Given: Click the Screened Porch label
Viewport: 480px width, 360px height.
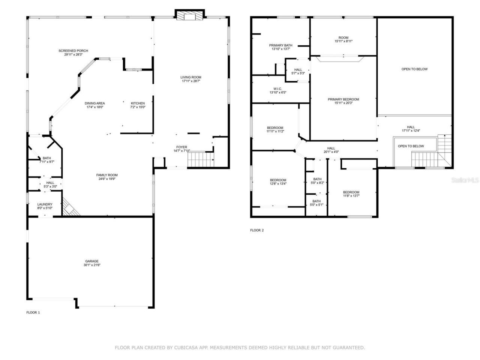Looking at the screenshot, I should [73, 51].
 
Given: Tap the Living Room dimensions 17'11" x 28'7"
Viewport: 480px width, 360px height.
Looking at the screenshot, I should [191, 81].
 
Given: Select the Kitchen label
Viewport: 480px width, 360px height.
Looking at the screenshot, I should [138, 103].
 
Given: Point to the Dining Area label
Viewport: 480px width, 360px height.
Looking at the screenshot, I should [94, 103].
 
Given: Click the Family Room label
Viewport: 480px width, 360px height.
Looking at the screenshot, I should [107, 175].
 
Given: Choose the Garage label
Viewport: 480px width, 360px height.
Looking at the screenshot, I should [92, 261].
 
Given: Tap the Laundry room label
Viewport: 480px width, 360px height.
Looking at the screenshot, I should [45, 204].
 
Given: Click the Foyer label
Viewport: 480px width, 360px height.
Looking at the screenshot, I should [181, 147].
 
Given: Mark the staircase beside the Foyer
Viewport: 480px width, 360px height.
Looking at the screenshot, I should [200, 160].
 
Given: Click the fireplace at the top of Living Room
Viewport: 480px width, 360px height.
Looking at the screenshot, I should [190, 15].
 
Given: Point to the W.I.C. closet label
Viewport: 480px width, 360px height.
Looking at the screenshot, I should [277, 89].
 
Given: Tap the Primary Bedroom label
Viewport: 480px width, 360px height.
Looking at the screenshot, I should [343, 99].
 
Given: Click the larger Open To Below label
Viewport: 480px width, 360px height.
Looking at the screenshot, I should [414, 69].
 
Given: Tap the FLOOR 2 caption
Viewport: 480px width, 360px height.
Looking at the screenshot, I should [257, 230].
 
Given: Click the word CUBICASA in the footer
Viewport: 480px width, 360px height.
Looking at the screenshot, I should [186, 348].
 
